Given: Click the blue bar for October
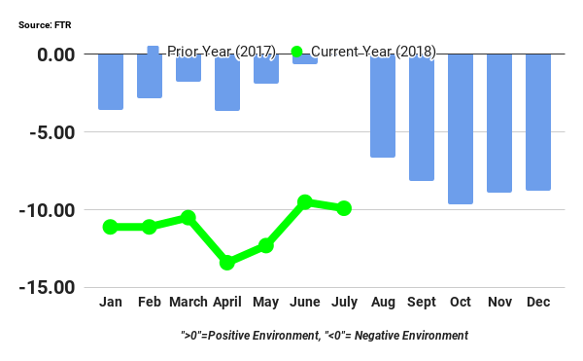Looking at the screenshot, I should [461, 128].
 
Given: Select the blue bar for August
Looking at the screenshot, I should [383, 105].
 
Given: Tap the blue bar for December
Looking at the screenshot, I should [538, 122].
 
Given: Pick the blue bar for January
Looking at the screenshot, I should [111, 82].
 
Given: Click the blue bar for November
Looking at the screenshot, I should [499, 123].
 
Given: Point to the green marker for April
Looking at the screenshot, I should [227, 263].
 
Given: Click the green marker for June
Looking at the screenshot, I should [305, 202].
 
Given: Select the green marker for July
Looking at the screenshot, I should [344, 208].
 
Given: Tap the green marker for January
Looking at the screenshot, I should [110, 227].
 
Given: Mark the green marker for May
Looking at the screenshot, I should [266, 246].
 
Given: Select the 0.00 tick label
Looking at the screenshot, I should [54, 54].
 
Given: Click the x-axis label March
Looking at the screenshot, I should [189, 303].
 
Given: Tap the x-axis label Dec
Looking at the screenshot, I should [538, 303].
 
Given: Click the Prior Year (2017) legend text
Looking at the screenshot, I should [222, 52].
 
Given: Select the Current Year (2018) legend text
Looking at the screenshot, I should [373, 52].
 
